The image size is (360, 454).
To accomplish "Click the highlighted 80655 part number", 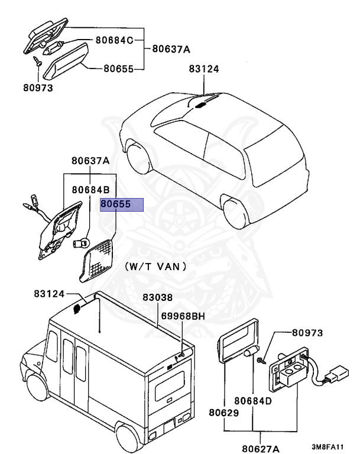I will click(x=121, y=205).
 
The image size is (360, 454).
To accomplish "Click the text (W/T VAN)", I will click(x=156, y=267).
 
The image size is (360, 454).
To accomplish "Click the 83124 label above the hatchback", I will click(x=204, y=69).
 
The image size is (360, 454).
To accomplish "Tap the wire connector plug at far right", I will click(x=338, y=376).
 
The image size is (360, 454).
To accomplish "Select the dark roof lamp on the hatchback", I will click(x=200, y=105).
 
